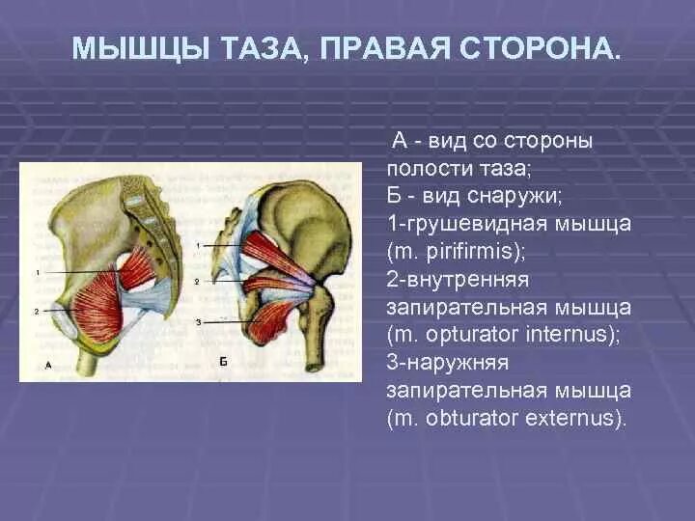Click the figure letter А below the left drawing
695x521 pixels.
[x=48, y=364]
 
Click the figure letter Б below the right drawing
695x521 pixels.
[x=222, y=361]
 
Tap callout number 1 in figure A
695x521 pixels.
[x=37, y=273]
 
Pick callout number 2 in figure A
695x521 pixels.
[x=37, y=311]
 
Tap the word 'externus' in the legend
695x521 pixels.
[x=574, y=419]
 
